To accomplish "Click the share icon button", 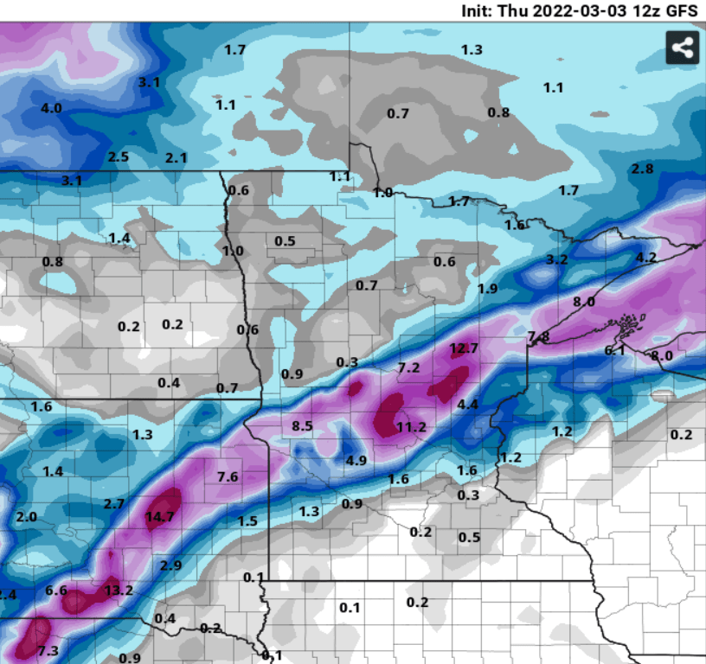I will click(x=682, y=48).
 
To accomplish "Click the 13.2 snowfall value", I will click(x=119, y=591).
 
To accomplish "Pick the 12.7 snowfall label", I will click(x=464, y=348).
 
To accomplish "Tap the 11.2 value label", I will click(x=411, y=427).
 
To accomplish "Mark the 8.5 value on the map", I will click(x=302, y=425).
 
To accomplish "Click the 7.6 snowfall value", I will click(x=228, y=476).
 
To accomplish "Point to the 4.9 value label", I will click(x=356, y=460).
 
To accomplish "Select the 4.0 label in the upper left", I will click(x=52, y=108).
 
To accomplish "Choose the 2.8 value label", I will click(x=642, y=169).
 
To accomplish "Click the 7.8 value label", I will click(x=538, y=335).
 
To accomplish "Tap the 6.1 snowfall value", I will click(x=614, y=350).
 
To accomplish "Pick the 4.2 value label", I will click(x=645, y=258).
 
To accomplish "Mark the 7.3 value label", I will click(x=48, y=650).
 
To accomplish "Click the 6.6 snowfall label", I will click(x=56, y=591).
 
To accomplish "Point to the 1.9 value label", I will click(x=488, y=288).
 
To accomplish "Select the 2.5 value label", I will click(x=119, y=156).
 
